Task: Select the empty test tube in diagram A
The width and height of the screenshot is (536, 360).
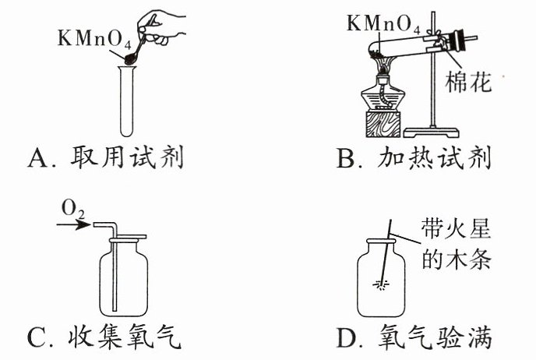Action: click(x=127, y=101)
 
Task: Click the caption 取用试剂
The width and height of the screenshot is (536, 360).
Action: click(x=126, y=157)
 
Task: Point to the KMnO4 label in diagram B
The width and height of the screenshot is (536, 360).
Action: click(x=383, y=24)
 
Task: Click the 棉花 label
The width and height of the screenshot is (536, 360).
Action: click(x=468, y=83)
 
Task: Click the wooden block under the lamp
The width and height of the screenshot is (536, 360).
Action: click(x=383, y=124)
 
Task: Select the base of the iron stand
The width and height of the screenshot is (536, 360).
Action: click(x=432, y=132)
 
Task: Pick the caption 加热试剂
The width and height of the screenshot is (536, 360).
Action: click(x=434, y=157)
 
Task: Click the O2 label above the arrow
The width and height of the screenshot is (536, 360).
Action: click(x=72, y=210)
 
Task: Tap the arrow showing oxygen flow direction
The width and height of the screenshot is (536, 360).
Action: click(x=74, y=224)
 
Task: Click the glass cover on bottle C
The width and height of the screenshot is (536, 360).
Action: click(x=128, y=237)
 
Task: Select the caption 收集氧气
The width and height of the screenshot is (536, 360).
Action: click(x=124, y=337)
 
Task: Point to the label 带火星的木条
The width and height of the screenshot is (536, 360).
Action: click(x=456, y=245)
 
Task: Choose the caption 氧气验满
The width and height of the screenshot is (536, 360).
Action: click(x=435, y=337)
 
